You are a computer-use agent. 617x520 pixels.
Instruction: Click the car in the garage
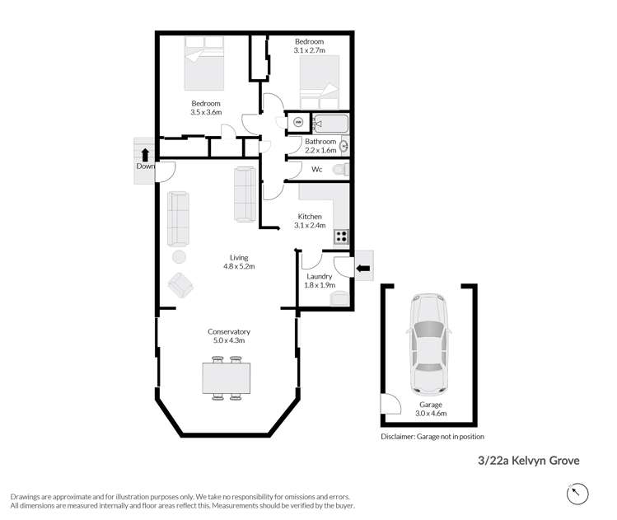coord(428,344)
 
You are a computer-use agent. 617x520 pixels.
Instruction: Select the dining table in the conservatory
coord(226,378)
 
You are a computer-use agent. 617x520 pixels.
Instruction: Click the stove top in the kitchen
coord(341,237)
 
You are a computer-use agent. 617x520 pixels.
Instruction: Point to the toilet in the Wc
coord(340,169)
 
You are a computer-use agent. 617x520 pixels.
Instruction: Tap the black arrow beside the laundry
coord(362,267)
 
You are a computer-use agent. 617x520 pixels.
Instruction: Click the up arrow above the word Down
coord(145,153)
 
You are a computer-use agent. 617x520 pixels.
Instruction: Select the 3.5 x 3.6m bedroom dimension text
coord(206,112)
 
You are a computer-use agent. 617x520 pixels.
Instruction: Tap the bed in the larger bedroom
coord(203,68)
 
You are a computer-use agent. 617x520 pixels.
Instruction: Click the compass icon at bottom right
coord(578,494)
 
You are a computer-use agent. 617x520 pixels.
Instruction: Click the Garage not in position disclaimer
coord(432,436)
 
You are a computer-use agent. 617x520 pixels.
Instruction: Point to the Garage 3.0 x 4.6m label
coord(429,409)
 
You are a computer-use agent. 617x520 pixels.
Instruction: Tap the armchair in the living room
coord(180,285)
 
